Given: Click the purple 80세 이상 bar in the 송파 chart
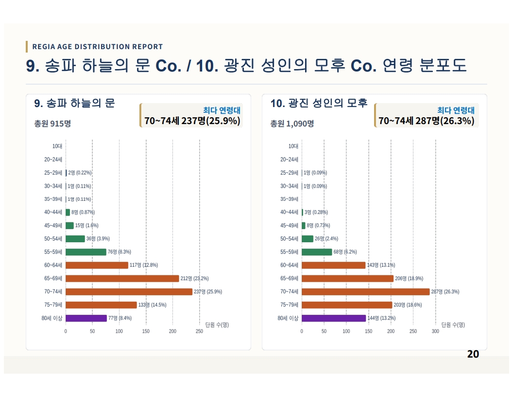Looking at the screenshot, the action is [86, 318].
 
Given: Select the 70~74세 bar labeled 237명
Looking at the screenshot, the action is [129, 291].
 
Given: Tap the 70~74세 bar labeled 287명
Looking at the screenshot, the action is [365, 291].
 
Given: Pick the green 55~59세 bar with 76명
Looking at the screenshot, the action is [86, 252].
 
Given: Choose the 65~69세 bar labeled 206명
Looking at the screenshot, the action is [347, 278].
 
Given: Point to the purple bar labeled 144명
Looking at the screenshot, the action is [334, 318].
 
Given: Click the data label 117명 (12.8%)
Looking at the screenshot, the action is [144, 265].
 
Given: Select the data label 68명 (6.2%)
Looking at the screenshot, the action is [345, 252].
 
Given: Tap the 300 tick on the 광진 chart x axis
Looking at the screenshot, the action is [435, 331].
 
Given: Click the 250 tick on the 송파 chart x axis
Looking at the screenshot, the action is [199, 331].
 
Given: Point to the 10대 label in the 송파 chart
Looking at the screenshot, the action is [57, 146].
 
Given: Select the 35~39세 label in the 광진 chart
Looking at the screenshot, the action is [289, 199].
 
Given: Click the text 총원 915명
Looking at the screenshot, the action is [52, 124].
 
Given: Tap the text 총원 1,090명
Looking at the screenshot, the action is [292, 124].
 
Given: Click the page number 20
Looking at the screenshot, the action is [473, 354].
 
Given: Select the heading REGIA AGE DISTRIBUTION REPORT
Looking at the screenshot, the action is [98, 47].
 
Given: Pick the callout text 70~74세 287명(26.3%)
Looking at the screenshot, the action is [427, 121].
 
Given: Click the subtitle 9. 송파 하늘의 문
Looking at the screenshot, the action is [75, 103].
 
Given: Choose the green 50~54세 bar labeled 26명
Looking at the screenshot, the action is [308, 239].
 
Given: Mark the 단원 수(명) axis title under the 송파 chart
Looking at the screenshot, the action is [217, 325].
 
